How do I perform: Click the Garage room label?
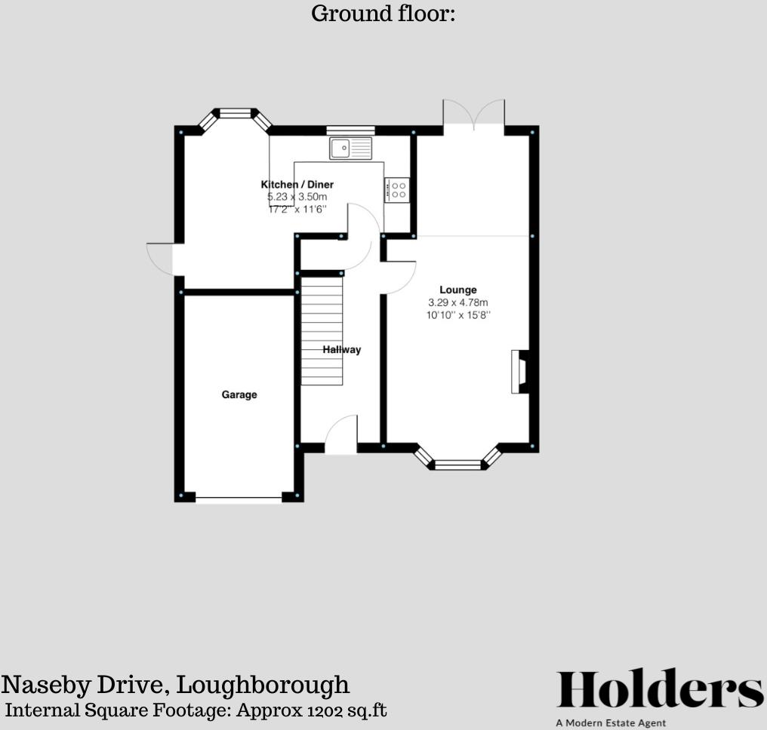tap(239, 394)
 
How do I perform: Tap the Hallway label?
tap(342, 350)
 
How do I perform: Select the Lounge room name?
tap(458, 290)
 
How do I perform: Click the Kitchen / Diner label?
tap(297, 185)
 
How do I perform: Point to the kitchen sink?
tap(351, 149)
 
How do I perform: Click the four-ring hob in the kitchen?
tap(398, 189)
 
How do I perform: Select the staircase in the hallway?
tap(322, 329)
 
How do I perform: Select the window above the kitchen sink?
tap(351, 130)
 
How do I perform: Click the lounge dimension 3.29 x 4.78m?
tap(458, 303)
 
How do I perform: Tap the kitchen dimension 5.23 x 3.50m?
tap(297, 197)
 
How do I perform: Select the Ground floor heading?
tap(383, 14)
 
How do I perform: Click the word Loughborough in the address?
tap(263, 685)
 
